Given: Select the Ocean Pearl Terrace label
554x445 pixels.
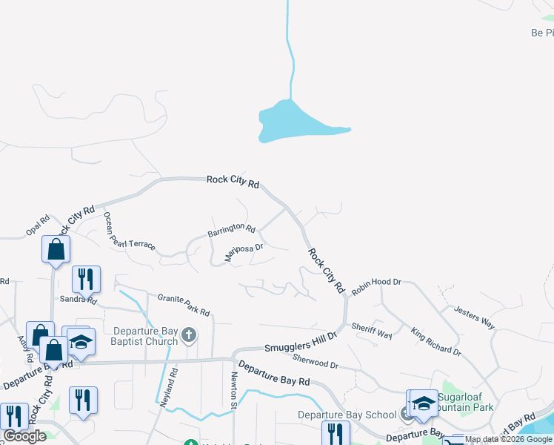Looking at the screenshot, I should [x=129, y=231].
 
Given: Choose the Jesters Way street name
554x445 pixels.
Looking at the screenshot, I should [x=474, y=317].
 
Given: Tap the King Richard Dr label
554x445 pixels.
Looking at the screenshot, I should [x=436, y=341].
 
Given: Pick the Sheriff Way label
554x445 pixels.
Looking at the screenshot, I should [x=372, y=330].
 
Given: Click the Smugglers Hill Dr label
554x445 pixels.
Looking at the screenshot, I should [x=301, y=341].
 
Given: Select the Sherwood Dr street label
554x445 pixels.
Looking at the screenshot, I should [x=315, y=361].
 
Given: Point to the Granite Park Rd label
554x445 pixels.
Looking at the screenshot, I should [x=184, y=303].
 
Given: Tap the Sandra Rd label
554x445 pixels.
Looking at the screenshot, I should [x=79, y=300].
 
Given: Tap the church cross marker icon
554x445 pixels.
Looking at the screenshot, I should [x=189, y=336].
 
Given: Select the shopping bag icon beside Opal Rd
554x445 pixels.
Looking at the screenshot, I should [x=56, y=249].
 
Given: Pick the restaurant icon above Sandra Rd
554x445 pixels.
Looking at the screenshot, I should [x=86, y=280].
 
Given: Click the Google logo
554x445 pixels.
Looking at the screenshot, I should [x=25, y=436].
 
